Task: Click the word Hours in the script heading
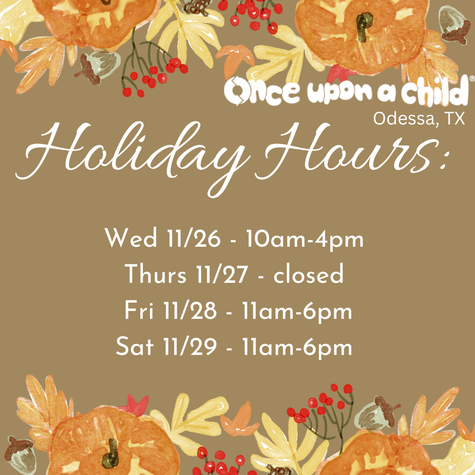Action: [x=352, y=152]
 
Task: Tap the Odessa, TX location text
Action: [x=419, y=118]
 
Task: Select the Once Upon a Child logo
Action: [x=346, y=91]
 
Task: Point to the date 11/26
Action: [x=194, y=240]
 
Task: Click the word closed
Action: [x=308, y=276]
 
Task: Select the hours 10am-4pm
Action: [x=305, y=240]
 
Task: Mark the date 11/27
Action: [x=225, y=276]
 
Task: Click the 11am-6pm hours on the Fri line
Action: [x=297, y=311]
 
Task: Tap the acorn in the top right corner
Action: [x=455, y=25]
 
